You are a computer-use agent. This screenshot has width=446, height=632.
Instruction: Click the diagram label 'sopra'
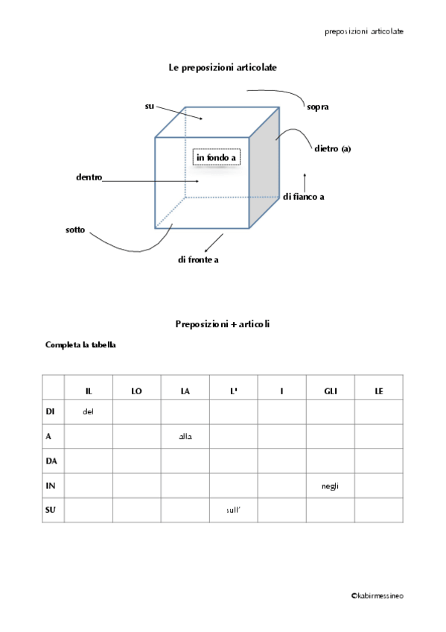tap(317, 107)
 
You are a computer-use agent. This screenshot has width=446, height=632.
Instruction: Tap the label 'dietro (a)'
tap(332, 149)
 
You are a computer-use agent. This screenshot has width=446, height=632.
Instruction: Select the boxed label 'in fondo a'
tap(216, 158)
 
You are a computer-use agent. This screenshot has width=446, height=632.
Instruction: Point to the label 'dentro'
tap(89, 177)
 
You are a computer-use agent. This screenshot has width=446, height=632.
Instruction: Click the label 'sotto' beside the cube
tap(75, 230)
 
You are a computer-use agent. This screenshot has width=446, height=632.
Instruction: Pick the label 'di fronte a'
tap(198, 259)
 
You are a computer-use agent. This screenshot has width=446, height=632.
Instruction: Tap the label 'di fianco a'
tap(303, 197)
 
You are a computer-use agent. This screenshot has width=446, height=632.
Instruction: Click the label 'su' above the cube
tap(149, 107)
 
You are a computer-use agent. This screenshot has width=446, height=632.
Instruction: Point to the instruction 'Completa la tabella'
tap(80, 345)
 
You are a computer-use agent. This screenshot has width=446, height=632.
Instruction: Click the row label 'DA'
tap(51, 461)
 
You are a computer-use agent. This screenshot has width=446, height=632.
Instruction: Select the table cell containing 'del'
tap(88, 411)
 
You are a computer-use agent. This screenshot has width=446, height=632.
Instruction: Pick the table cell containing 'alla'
tap(185, 437)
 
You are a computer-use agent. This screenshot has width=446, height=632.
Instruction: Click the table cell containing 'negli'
tap(331, 486)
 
